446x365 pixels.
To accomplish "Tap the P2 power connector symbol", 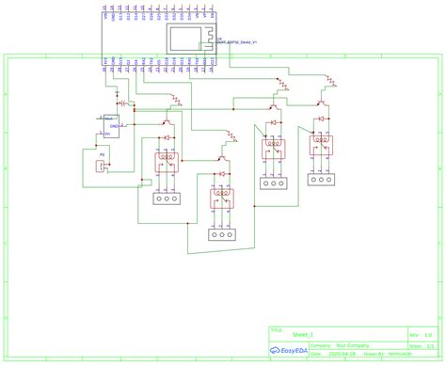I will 100,166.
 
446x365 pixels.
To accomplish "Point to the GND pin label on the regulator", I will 114,125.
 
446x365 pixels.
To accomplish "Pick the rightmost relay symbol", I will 323,145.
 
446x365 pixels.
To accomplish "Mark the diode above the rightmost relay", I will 323,120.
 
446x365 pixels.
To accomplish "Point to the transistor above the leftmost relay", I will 167,119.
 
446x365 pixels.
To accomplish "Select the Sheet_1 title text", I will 302,334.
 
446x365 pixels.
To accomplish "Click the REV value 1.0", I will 428,334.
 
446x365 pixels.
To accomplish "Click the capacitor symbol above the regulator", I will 125,101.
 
